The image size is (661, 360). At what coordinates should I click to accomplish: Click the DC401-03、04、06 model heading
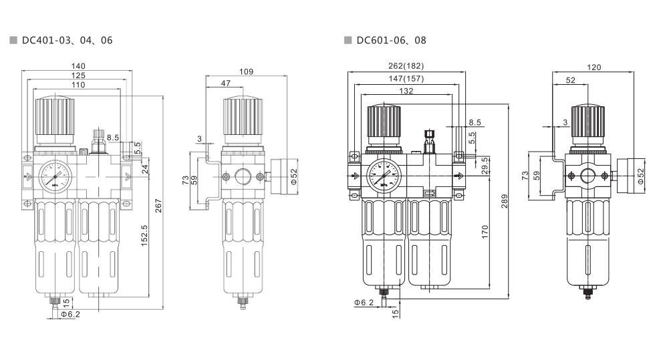click(x=67, y=41)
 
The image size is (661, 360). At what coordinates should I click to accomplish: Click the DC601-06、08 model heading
click(x=391, y=41)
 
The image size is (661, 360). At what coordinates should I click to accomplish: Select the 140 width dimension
click(x=79, y=66)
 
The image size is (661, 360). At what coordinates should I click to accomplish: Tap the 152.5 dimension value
click(x=145, y=235)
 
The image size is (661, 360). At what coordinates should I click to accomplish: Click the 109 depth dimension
click(x=246, y=70)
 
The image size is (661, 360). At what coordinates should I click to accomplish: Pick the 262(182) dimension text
click(x=405, y=66)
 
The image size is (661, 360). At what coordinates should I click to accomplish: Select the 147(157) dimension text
click(x=405, y=79)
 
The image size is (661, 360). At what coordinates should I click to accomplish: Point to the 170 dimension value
click(x=485, y=232)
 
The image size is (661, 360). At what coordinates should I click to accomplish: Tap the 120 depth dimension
click(x=593, y=67)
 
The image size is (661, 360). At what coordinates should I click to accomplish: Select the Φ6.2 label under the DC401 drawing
click(x=70, y=313)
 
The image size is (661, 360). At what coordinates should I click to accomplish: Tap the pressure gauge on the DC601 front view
click(x=382, y=176)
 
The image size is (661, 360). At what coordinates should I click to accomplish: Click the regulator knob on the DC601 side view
click(x=587, y=123)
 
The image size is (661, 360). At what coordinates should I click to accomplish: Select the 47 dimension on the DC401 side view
click(x=226, y=83)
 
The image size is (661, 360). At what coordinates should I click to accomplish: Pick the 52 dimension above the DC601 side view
click(x=570, y=80)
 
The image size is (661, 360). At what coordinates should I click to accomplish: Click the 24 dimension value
click(x=145, y=170)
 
